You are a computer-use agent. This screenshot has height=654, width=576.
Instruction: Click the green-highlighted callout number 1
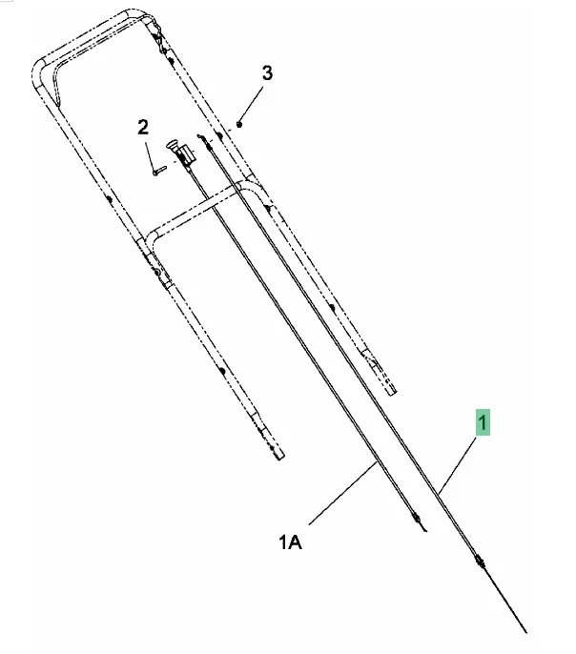483,422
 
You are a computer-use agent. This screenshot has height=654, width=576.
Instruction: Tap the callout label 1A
290,542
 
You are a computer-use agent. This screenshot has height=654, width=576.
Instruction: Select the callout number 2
143,127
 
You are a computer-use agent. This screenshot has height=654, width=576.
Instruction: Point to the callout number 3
267,73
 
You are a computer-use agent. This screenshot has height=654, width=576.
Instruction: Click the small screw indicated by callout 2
159,171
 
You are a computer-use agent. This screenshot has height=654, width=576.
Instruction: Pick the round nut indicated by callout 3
239,124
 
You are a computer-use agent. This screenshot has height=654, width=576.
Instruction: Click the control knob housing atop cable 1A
181,153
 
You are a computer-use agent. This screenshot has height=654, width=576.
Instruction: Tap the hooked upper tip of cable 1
200,136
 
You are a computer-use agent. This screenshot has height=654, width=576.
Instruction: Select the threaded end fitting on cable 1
480,562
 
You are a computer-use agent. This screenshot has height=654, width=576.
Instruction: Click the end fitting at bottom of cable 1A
418,521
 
